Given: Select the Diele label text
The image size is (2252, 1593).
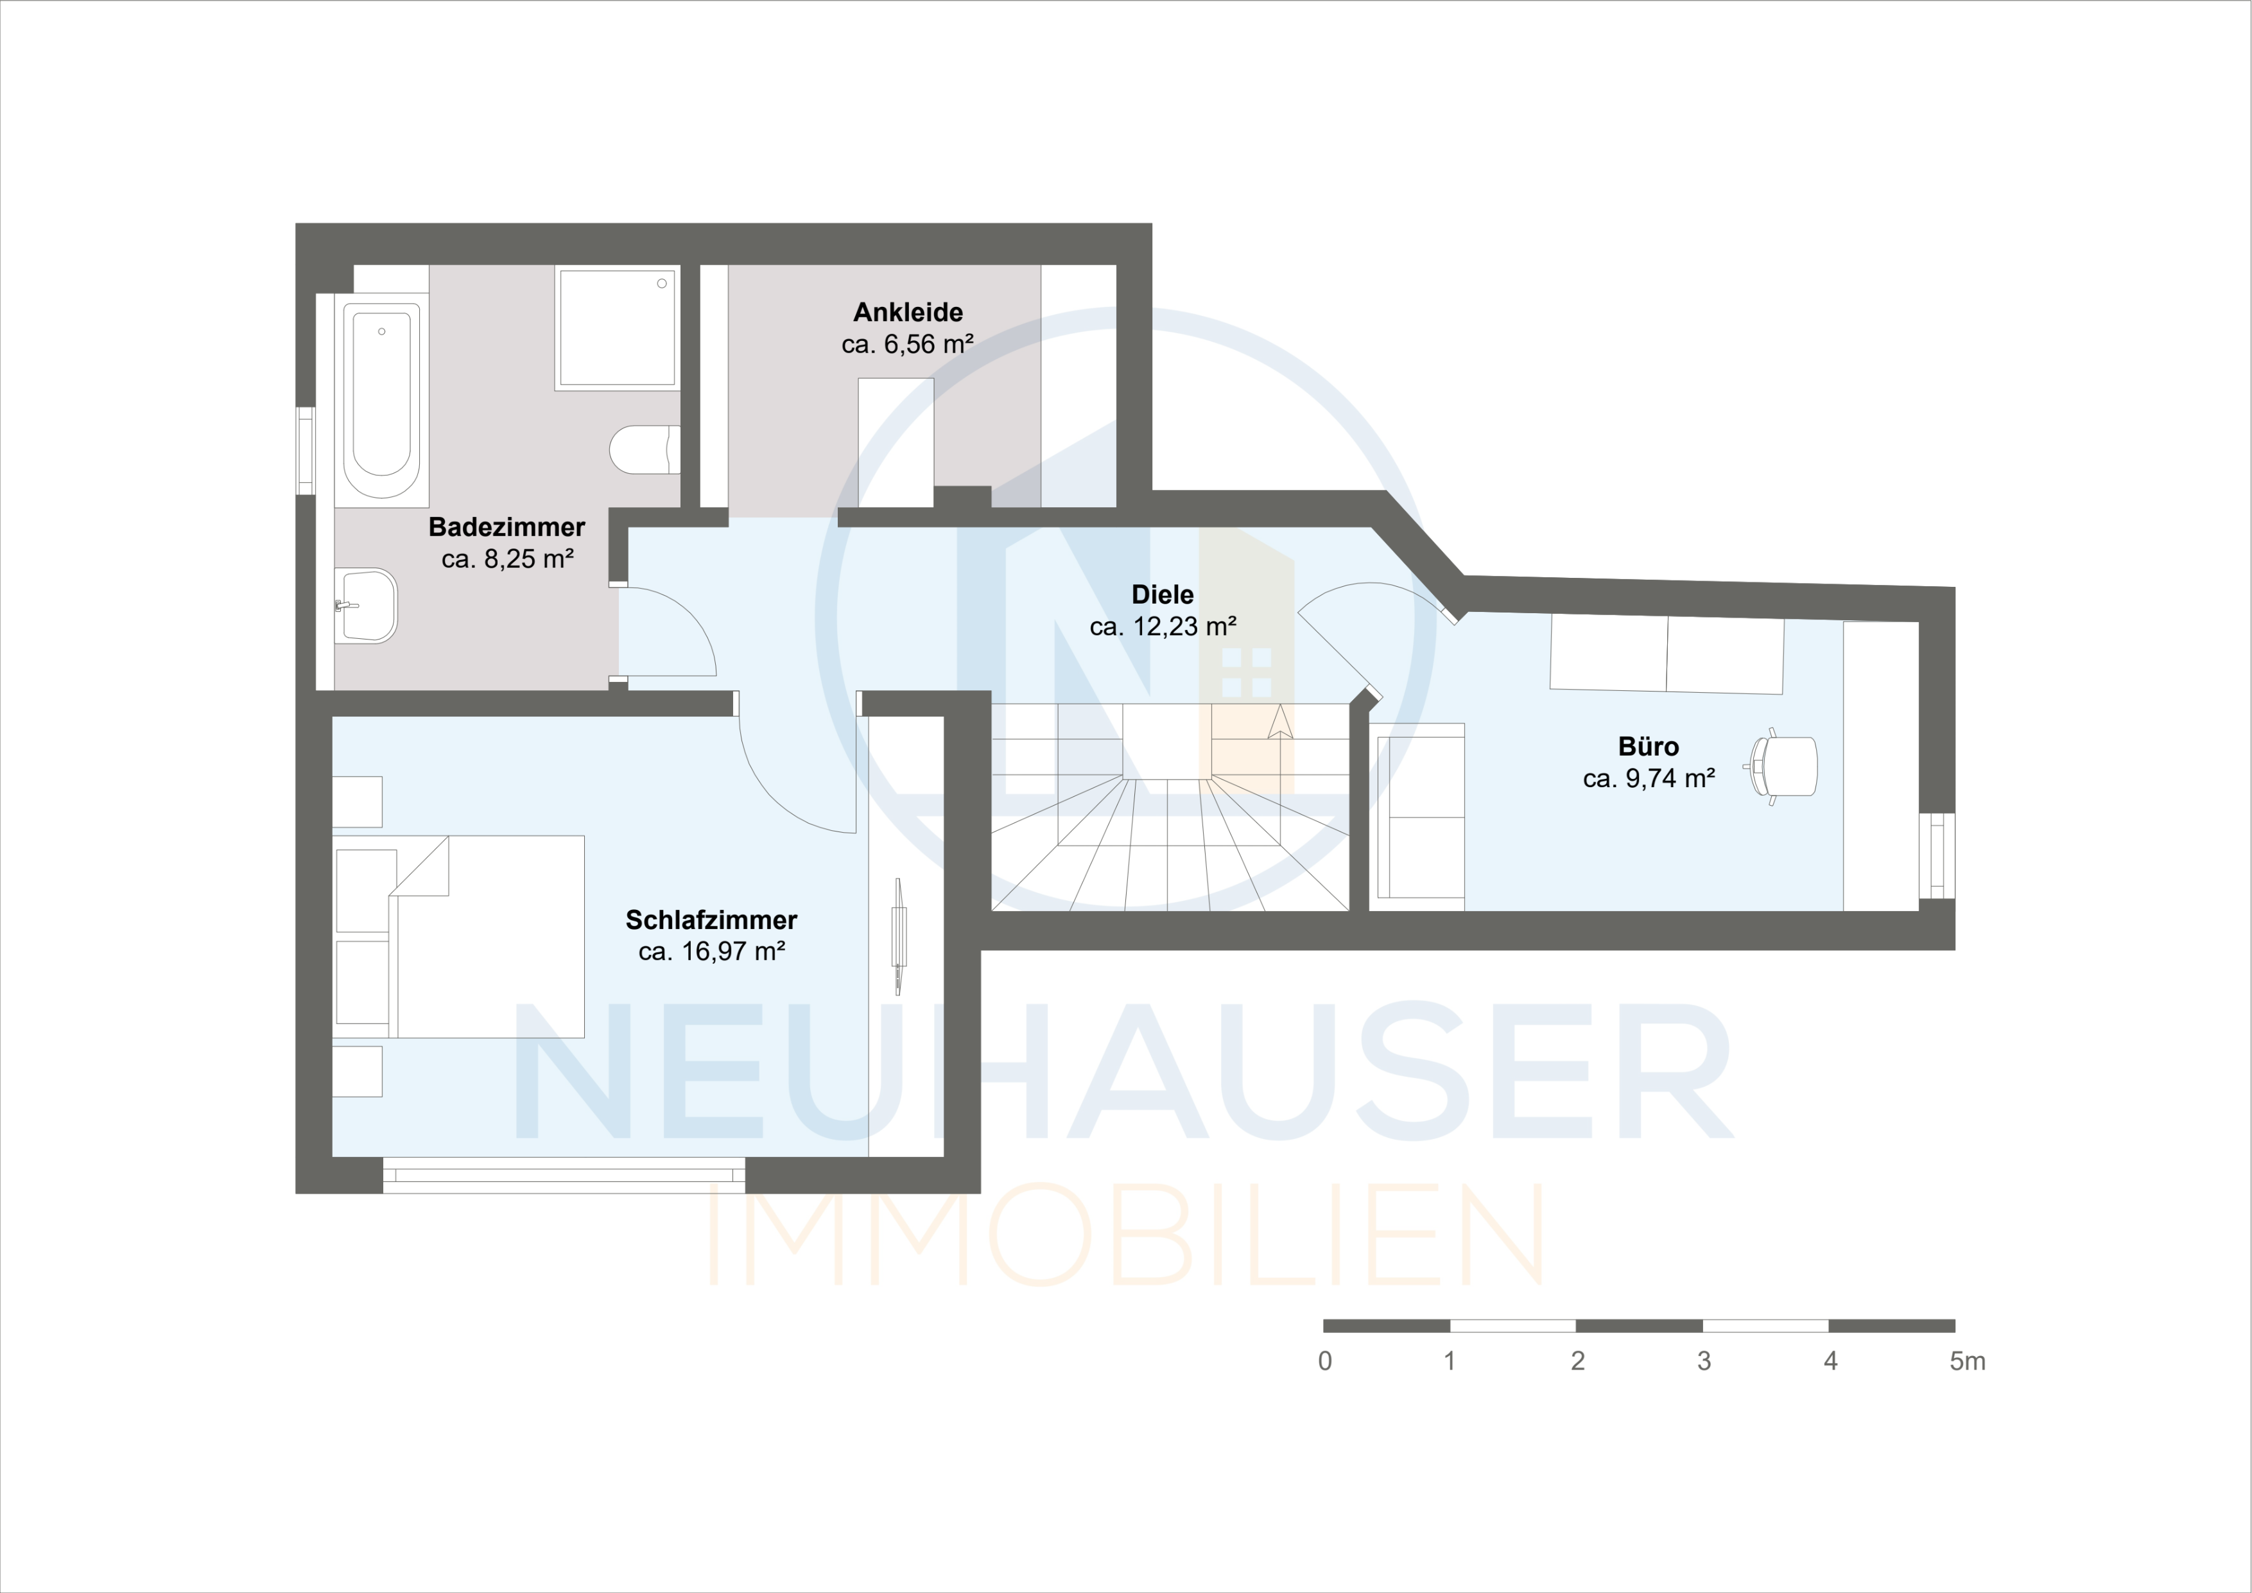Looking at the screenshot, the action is pyautogui.click(x=1163, y=595).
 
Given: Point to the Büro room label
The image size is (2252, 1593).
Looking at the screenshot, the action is pyautogui.click(x=1648, y=747).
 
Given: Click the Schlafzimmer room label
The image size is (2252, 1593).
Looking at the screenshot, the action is pyautogui.click(x=711, y=920).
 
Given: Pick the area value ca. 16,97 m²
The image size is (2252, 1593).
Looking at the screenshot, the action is pyautogui.click(x=711, y=952).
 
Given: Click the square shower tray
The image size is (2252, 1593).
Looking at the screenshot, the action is pyautogui.click(x=617, y=327).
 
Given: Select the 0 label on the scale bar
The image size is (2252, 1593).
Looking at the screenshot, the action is pyautogui.click(x=1325, y=1361).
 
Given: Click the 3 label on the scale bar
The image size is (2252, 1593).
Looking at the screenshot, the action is pyautogui.click(x=1704, y=1361).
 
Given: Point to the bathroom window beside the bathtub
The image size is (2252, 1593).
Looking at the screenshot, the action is pyautogui.click(x=306, y=450).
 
